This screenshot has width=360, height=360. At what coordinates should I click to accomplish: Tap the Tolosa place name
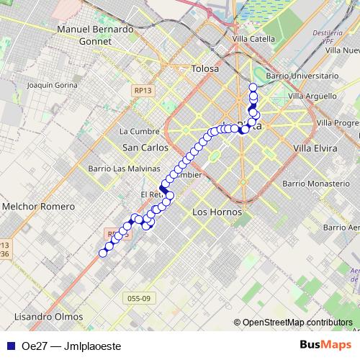[x=204, y=69]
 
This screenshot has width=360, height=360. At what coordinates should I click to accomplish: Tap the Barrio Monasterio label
[x=316, y=184]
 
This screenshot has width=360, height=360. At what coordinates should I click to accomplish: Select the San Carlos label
[x=145, y=147]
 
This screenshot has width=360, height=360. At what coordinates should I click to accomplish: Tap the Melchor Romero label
[x=39, y=207]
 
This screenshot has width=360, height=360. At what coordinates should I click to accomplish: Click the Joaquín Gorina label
[x=51, y=85]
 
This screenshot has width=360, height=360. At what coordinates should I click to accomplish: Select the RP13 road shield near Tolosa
[x=142, y=90]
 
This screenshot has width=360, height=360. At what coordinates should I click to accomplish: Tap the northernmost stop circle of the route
[x=253, y=88]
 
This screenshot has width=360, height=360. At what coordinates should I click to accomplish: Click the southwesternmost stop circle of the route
[x=103, y=252]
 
